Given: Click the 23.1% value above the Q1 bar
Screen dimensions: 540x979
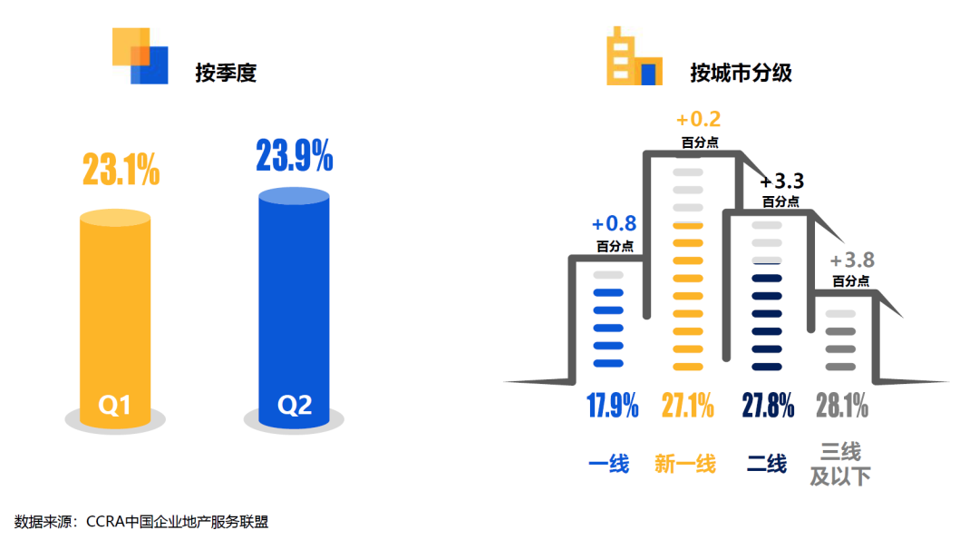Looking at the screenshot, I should tap(121, 171).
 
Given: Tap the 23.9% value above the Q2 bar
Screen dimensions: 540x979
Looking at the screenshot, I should tap(295, 156).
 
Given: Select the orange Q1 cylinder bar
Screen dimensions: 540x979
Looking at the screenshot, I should tap(115, 318).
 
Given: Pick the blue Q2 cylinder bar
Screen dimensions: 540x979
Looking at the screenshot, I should tap(294, 309).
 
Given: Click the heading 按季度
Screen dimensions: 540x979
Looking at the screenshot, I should tap(226, 73).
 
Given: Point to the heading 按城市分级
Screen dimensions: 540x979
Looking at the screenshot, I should tap(741, 73).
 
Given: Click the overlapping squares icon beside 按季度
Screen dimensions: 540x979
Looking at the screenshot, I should tap(141, 55).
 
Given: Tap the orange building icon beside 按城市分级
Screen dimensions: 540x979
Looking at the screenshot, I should tap(634, 56).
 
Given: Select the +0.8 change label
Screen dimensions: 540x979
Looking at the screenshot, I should tap(614, 224).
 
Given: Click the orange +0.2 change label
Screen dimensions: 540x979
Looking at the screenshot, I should tap(699, 121).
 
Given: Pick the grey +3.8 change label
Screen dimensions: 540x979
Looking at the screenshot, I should tap(852, 261).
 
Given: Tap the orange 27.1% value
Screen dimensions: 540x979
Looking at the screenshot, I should tap(687, 406).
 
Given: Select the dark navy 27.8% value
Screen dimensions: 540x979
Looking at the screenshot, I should tap(768, 406).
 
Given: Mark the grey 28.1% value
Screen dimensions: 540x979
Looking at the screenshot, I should tap(841, 406).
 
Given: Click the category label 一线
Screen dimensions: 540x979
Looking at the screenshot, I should tap(608, 464).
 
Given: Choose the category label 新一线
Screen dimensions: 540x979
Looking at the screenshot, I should tap(685, 464).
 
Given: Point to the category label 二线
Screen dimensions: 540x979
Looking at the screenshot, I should tap(767, 464).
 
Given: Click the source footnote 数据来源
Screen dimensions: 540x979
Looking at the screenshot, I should tap(141, 522).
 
